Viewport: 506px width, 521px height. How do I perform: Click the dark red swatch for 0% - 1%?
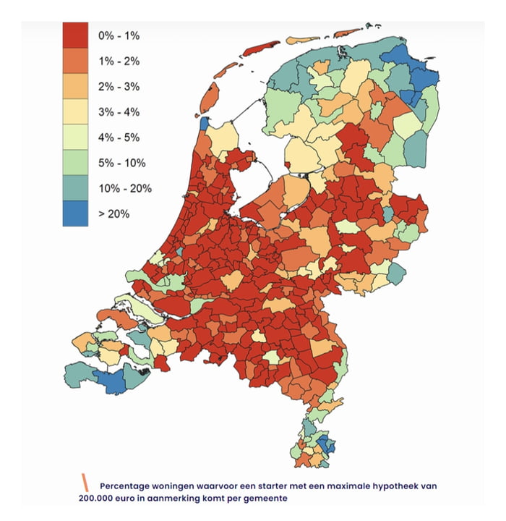75,35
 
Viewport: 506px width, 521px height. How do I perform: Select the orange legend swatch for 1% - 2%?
75,61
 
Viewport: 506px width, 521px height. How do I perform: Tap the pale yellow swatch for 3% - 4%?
75,112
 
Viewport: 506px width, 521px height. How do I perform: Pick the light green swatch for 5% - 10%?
75,163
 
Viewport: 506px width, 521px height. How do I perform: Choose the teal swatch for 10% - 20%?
75,189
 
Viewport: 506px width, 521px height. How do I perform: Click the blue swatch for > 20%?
75,214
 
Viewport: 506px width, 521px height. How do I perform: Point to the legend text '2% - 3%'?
119,86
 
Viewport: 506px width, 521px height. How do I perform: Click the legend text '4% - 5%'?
119,137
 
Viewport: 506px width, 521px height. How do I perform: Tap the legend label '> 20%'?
113,215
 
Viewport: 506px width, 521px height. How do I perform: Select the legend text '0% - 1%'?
119,35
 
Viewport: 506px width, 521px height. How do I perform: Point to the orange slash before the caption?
85,482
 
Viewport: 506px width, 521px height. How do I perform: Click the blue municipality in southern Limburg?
327,446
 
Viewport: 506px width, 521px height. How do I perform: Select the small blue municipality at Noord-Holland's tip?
204,123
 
